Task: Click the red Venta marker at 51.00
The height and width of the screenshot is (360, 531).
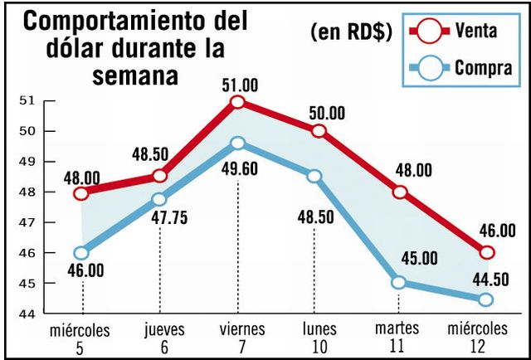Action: pos(238,102)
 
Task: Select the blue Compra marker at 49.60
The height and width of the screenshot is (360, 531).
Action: pos(238,143)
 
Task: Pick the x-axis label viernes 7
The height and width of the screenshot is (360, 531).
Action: pos(238,335)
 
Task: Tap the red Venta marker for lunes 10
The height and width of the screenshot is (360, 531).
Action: pos(319,131)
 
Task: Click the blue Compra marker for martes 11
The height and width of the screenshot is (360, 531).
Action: pos(399,282)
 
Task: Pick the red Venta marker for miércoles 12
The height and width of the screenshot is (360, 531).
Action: pos(487,252)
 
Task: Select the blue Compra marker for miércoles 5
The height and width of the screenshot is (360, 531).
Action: pos(81,253)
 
